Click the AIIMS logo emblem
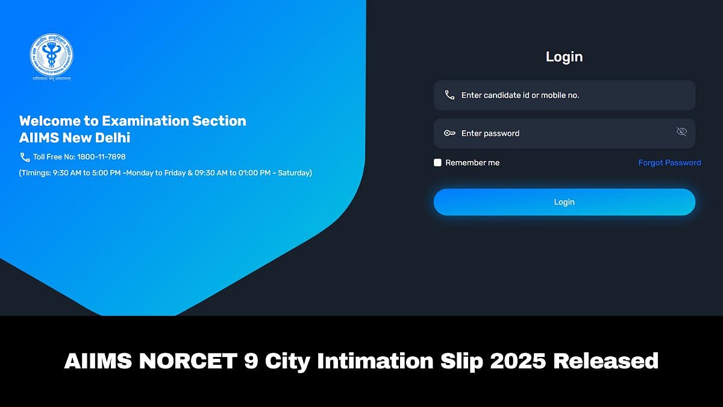point(51,55)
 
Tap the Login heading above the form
point(564,57)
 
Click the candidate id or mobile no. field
point(572,95)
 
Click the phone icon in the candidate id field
point(449,95)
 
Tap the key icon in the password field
point(449,133)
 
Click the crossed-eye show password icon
point(681,132)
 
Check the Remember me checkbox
point(438,163)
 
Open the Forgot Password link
point(669,163)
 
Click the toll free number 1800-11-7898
point(101,157)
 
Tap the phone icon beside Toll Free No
point(25,157)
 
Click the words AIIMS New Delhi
point(75,138)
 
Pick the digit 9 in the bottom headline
point(249,361)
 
